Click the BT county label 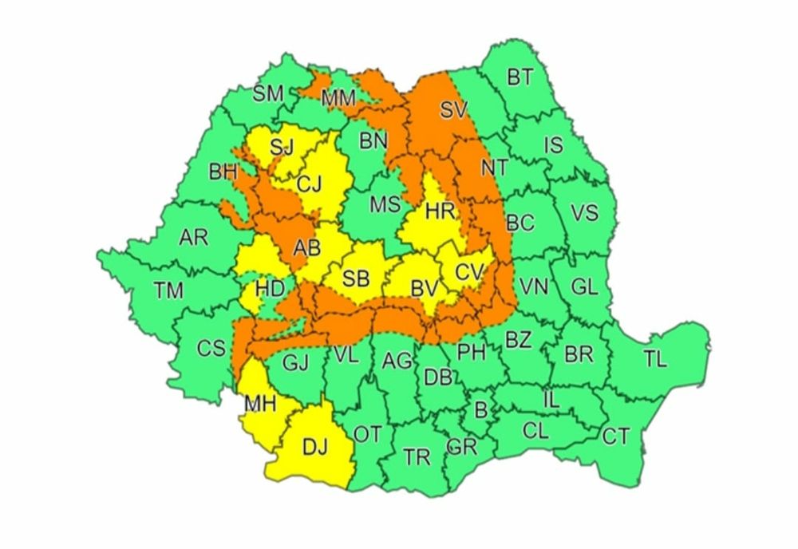coord(520,77)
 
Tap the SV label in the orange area coord(452,110)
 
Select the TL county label coord(655,360)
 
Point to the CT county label coord(615,436)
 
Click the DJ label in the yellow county coord(315,448)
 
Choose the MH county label coord(260,405)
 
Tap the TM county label coord(169,291)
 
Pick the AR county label coord(193,237)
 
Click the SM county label coord(268,93)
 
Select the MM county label coord(338,99)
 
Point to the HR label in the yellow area coord(440,211)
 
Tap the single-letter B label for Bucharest coord(480,410)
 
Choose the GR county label coord(463,447)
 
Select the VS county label coord(584,213)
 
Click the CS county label coord(211,348)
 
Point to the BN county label coord(373,141)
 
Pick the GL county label coord(585,287)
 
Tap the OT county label coord(368,434)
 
